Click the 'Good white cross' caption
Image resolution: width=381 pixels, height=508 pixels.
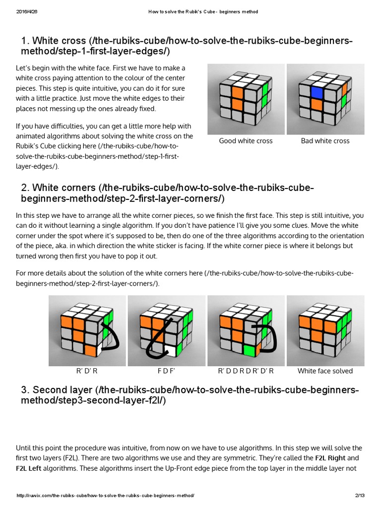(246, 141)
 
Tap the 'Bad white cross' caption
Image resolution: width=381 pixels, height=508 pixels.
(325, 141)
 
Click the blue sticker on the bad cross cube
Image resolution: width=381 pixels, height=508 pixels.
(317, 92)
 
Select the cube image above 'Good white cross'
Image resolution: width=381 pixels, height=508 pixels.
(246, 99)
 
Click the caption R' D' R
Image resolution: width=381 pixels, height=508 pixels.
(87, 371)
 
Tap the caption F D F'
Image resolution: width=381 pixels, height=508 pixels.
(167, 371)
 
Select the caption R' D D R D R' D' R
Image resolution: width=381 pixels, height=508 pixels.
(246, 371)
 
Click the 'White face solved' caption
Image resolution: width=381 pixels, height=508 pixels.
(325, 371)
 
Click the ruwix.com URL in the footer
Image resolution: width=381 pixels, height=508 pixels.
(105, 496)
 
